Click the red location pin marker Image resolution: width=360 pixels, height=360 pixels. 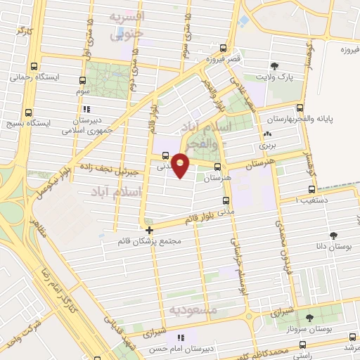click(x=181, y=166)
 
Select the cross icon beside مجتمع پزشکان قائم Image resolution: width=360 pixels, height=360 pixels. click(x=149, y=230)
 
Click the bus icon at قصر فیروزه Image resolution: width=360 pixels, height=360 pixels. click(x=223, y=49)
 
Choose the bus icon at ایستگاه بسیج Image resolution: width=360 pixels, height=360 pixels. click(x=29, y=112)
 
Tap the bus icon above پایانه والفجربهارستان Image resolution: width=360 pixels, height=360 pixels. click(x=300, y=108)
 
